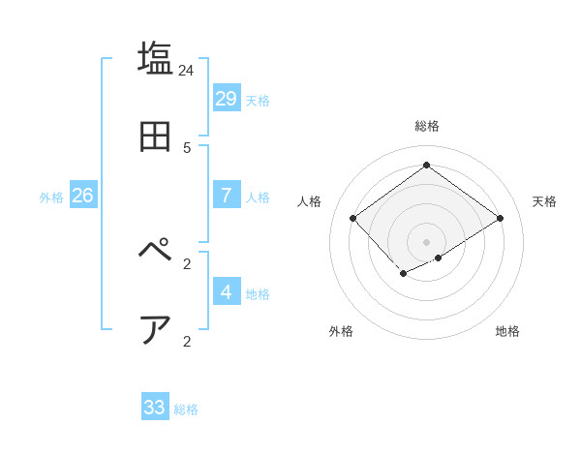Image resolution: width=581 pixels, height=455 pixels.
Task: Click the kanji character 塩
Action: pos(156,58)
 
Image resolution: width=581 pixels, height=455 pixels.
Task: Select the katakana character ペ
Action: pos(156,251)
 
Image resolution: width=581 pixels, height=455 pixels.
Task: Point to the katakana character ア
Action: pos(156,329)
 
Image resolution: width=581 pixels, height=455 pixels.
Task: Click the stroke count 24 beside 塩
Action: pos(187,71)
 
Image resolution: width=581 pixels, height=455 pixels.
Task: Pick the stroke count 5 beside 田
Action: pos(187,148)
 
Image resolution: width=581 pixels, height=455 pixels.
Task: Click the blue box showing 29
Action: pos(227,98)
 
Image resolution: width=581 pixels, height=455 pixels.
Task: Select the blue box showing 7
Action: pos(227,195)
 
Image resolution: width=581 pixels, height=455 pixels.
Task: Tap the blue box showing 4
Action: pos(227,291)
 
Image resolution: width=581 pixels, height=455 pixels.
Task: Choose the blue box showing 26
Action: pos(82,195)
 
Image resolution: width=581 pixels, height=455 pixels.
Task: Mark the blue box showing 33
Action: pos(155,408)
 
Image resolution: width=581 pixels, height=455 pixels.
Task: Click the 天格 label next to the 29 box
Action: pos(258,101)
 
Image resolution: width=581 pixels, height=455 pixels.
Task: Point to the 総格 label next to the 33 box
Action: pos(186,410)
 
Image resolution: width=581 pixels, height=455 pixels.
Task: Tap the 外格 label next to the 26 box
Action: pos(51,197)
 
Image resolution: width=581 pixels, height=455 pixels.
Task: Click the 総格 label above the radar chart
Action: pos(427,126)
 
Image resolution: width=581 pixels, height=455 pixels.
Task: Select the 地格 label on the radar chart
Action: pos(507,331)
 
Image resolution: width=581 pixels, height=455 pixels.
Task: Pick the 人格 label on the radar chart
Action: pos(309,201)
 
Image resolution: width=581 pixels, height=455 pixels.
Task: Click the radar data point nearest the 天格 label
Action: pos(500,218)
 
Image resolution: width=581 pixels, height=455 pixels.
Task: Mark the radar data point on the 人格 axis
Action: pos(353,218)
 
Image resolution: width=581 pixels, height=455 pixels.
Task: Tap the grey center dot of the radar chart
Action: pos(427,241)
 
